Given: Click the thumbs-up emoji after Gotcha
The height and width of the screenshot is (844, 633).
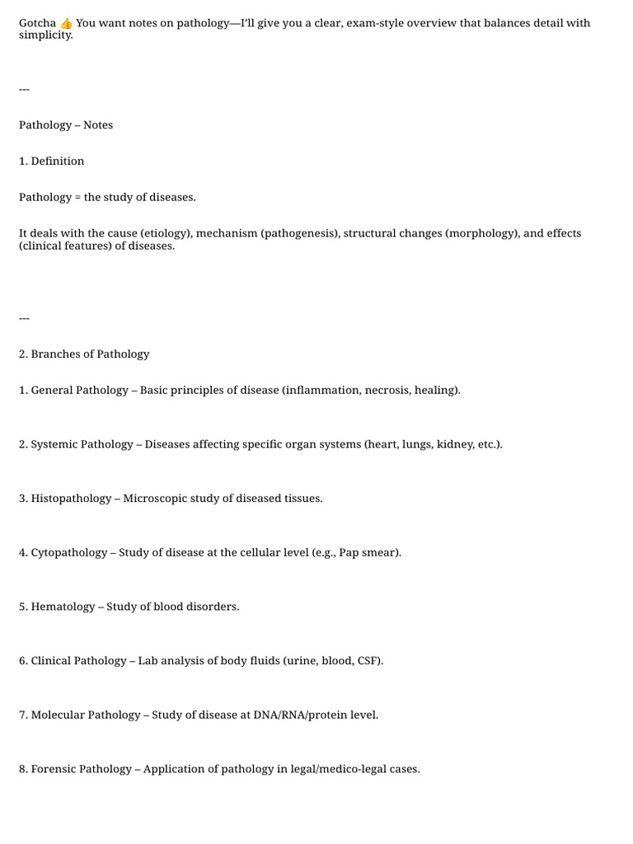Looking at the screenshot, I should [x=67, y=23].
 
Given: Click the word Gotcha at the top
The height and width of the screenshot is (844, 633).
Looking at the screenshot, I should [x=38, y=23].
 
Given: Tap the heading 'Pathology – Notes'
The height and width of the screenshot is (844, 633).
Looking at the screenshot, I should [x=66, y=125].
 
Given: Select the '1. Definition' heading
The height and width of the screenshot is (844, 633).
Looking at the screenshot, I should [x=52, y=162].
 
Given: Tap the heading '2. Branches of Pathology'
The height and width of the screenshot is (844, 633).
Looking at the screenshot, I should [x=84, y=354].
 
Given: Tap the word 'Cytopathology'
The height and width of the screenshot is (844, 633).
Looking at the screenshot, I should [x=69, y=553].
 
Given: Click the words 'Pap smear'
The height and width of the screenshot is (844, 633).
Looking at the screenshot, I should [x=367, y=553].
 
